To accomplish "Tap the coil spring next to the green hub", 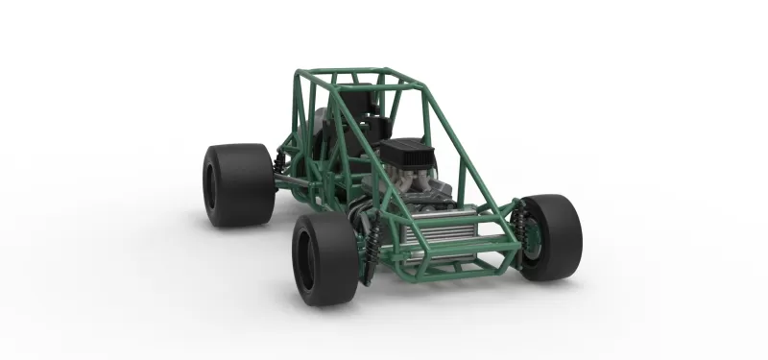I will coord(521,226).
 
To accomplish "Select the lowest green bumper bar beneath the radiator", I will coord(451,272).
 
